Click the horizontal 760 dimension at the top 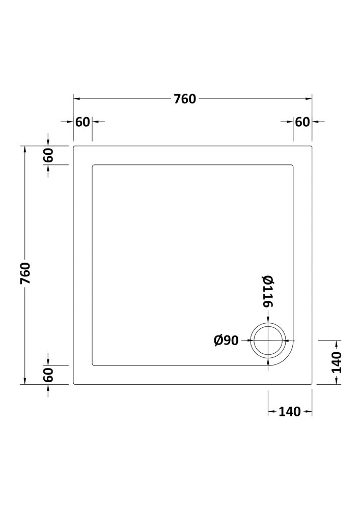[185, 99]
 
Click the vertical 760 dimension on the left [25, 273]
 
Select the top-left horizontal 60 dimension [82, 122]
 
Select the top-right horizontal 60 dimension [302, 122]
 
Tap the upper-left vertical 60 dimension [48, 155]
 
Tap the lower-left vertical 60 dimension [48, 375]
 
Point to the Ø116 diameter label [268, 291]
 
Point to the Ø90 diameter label [226, 340]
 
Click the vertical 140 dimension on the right [337, 362]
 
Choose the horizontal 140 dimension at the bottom [290, 412]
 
